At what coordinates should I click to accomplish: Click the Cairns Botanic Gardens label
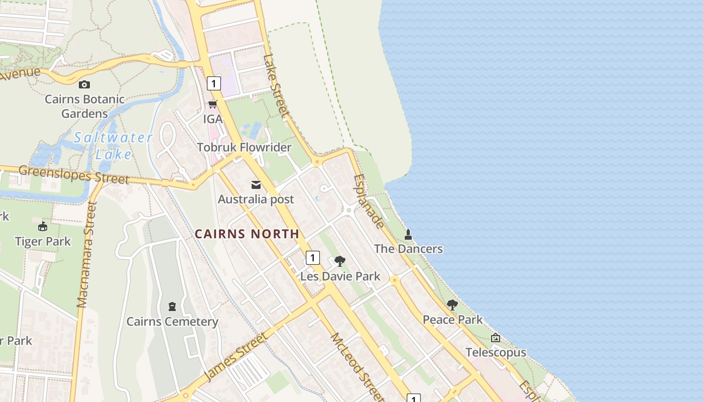pyautogui.click(x=84, y=106)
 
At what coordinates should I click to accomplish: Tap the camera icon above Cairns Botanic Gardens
pyautogui.click(x=84, y=84)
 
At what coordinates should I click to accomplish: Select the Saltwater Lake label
pyautogui.click(x=113, y=145)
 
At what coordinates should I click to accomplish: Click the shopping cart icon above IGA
pyautogui.click(x=213, y=105)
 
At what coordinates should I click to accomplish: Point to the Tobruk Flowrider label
pyautogui.click(x=244, y=147)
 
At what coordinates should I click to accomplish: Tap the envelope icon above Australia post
pyautogui.click(x=256, y=185)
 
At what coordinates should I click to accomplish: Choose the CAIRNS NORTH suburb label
pyautogui.click(x=247, y=234)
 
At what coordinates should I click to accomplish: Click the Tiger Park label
pyautogui.click(x=43, y=241)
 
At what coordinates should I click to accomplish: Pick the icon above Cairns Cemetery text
pyautogui.click(x=172, y=306)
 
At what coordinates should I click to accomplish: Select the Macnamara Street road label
pyautogui.click(x=86, y=254)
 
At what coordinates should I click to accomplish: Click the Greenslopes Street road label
pyautogui.click(x=74, y=174)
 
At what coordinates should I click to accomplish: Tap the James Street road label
pyautogui.click(x=236, y=357)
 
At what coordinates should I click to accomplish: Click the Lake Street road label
pyautogui.click(x=276, y=85)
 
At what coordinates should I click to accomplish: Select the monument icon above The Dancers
pyautogui.click(x=408, y=234)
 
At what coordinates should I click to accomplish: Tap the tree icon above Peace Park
pyautogui.click(x=452, y=305)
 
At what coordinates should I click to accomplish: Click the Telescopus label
pyautogui.click(x=496, y=352)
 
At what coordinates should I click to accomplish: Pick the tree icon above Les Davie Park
pyautogui.click(x=340, y=261)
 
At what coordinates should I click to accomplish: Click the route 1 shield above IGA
pyautogui.click(x=213, y=83)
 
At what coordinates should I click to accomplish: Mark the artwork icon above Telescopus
pyautogui.click(x=496, y=338)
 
